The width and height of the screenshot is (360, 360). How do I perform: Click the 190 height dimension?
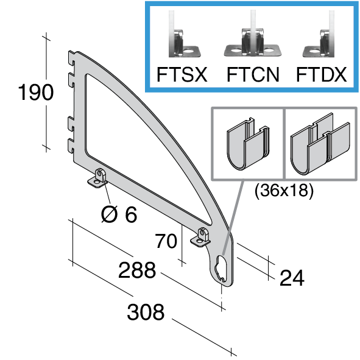pyautogui.click(x=35, y=92)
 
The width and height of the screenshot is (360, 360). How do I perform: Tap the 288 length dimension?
pyautogui.click(x=137, y=270)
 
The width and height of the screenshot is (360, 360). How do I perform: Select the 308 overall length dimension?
pyautogui.click(x=146, y=311)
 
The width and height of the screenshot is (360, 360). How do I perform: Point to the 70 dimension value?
pyautogui.click(x=166, y=241)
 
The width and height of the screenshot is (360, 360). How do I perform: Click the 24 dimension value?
pyautogui.click(x=292, y=278)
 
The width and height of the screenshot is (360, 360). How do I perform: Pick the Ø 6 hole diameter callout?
pyautogui.click(x=119, y=214)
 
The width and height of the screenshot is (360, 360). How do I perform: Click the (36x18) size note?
pyautogui.click(x=284, y=190)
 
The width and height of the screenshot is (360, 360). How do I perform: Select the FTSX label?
pyautogui.click(x=182, y=74)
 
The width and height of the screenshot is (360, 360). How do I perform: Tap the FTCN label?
pyautogui.click(x=253, y=74)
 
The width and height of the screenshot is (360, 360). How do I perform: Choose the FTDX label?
pyautogui.click(x=321, y=74)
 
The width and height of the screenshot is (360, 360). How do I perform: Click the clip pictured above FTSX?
pyautogui.click(x=185, y=43)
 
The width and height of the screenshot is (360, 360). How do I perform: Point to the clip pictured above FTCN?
pyautogui.click(x=253, y=43)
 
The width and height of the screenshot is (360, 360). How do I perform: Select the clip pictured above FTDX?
pyautogui.click(x=319, y=44)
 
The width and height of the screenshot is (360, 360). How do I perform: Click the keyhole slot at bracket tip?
pyautogui.click(x=221, y=269)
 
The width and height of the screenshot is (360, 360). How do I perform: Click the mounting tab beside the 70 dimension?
pyautogui.click(x=200, y=238)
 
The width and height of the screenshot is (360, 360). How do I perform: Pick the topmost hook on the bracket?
pyautogui.click(x=71, y=58)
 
